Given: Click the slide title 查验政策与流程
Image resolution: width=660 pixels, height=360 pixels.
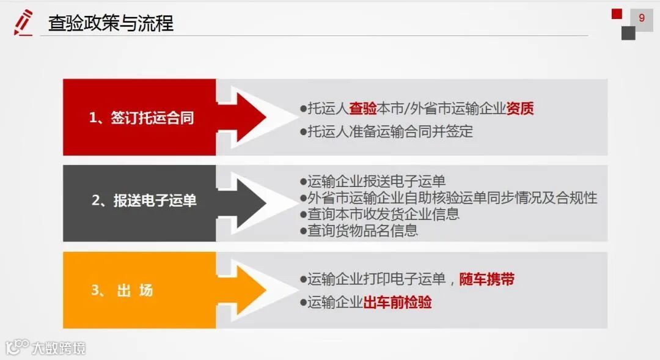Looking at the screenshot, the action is point(111,23).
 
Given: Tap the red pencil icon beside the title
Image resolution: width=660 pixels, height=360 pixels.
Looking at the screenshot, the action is point(23,23).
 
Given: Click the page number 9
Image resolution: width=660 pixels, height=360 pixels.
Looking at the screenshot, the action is point(642,18).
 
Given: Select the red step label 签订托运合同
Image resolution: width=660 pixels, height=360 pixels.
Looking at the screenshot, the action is point(142,117).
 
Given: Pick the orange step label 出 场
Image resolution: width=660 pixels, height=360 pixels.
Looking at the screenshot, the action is point(122,290).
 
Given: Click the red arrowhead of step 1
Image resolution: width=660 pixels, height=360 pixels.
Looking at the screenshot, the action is point(244,117).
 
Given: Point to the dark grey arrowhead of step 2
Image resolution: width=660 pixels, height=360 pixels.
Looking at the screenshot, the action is point(244,202).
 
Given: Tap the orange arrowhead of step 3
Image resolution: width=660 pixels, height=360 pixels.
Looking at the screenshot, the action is point(244,290).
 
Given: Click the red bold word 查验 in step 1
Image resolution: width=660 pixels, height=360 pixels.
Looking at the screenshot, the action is point(363,109).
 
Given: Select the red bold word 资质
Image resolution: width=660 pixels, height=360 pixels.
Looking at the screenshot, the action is point(520,109).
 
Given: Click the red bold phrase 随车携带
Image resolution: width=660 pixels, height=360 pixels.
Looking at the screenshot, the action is point(486,279).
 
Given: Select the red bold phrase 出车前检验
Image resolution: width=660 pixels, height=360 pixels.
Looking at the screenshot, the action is point(398,302).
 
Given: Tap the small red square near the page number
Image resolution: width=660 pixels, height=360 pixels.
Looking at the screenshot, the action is point(617,13).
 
